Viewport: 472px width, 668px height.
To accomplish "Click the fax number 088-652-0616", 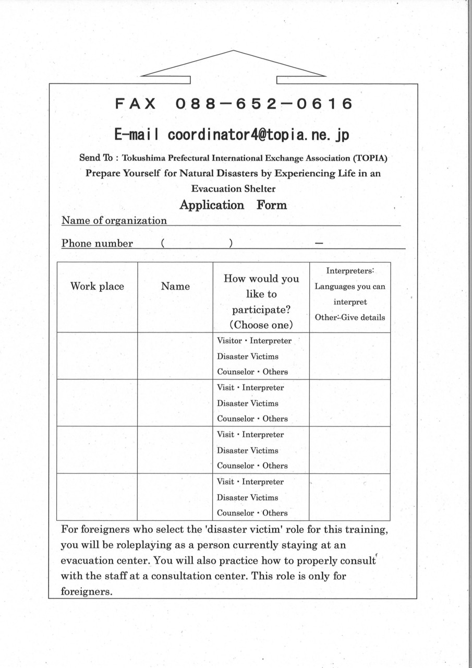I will pos(264,104).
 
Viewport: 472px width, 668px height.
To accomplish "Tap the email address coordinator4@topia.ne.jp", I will pos(259,135).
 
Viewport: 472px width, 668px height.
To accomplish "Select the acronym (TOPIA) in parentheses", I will pos(370,158).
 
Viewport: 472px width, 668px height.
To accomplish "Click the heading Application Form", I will pos(233,205).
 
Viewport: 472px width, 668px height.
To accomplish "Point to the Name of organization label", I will pos(114,220).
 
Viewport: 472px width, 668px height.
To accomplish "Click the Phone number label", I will pos(97,243).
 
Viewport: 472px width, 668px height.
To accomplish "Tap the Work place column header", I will pos(97,286).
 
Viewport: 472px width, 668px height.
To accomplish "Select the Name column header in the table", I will pos(175,286).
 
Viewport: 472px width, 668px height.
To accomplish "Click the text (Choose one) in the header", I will pos(261,325).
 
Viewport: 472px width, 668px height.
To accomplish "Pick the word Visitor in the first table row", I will pos(229,341).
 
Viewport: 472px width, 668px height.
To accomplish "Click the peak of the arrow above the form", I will pos(233,51).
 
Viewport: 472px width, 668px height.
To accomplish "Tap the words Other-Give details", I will pos(349,317).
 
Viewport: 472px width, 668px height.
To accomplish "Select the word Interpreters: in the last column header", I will pos(350,271).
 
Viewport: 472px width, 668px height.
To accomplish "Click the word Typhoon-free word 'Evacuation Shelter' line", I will pos(233,189).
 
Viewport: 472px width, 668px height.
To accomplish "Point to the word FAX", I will pos(136,104).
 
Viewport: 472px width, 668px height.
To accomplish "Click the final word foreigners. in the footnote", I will pos(87,592).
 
